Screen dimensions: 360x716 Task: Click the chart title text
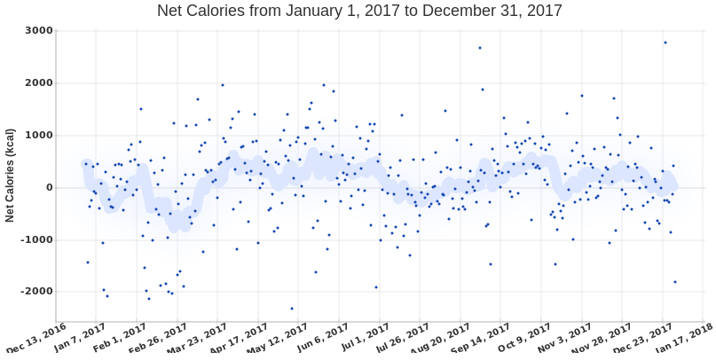[x=359, y=12]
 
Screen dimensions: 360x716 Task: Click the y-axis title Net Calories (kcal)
[x=10, y=174]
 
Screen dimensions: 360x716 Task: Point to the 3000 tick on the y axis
[x=40, y=31]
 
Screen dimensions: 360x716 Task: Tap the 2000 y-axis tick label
[x=40, y=83]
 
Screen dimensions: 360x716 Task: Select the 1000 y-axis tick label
[x=40, y=136]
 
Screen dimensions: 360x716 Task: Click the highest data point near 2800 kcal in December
[x=665, y=43]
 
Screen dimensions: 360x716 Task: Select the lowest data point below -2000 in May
[x=292, y=309]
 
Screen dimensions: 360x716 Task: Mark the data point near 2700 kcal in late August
[x=480, y=48]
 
